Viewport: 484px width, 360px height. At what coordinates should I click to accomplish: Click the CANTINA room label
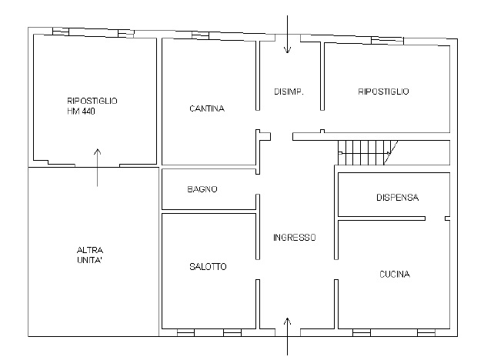207,108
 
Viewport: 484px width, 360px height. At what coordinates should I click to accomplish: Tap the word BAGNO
202,189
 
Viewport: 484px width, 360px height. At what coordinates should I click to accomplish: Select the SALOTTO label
208,266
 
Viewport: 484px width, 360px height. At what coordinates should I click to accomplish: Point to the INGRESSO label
295,238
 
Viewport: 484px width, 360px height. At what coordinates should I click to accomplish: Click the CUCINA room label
395,275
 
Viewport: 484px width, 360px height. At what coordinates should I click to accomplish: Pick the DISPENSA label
397,198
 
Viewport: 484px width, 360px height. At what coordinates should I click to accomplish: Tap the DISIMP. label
289,92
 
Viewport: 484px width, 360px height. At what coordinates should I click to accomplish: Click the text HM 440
81,112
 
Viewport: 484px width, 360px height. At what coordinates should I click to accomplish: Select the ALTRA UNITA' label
90,255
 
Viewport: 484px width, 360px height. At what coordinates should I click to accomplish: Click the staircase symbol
367,153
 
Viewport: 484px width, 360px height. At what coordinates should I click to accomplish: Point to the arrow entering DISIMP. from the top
287,35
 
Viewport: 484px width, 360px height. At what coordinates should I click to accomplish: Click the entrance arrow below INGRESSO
287,336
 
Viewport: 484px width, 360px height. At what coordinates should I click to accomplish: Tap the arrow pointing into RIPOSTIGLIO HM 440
97,168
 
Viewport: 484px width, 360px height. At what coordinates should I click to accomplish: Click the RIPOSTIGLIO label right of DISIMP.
383,92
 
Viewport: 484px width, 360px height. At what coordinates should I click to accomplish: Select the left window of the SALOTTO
185,332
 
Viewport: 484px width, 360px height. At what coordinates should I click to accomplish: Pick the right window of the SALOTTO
232,332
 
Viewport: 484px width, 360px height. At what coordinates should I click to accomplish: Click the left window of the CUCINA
362,332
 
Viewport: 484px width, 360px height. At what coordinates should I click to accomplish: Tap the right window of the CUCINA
426,332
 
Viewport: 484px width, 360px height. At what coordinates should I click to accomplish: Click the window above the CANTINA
200,35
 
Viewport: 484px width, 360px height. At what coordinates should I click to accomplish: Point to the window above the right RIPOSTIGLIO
387,41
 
